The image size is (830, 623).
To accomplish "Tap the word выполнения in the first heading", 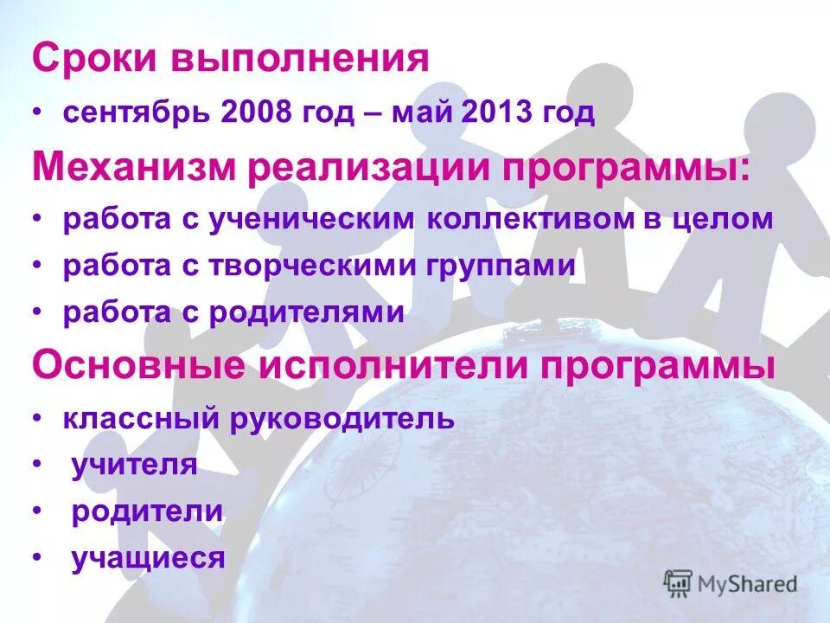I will point(301,61).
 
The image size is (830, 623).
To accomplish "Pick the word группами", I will point(500,267).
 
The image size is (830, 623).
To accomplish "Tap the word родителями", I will point(306,312).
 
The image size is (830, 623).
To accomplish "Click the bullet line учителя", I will point(134,466).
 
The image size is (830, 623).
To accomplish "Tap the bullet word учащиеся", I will point(148,558).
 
